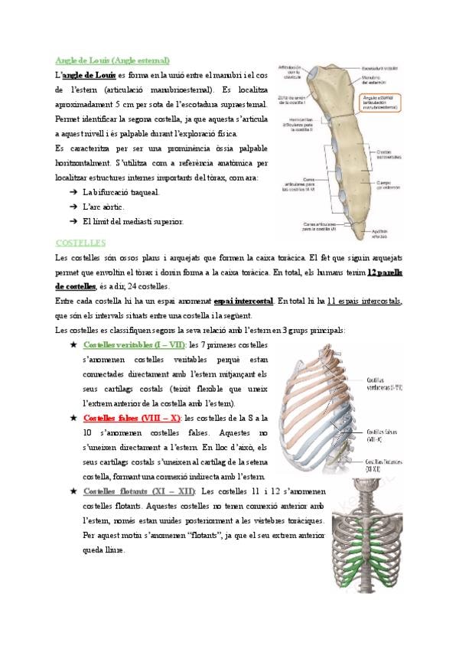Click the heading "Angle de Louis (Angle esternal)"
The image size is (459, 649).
pos(112,60)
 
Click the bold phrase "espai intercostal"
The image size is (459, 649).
pos(245,301)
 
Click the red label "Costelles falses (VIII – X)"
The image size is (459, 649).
pos(131,418)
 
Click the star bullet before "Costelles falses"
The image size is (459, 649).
pos(73,419)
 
